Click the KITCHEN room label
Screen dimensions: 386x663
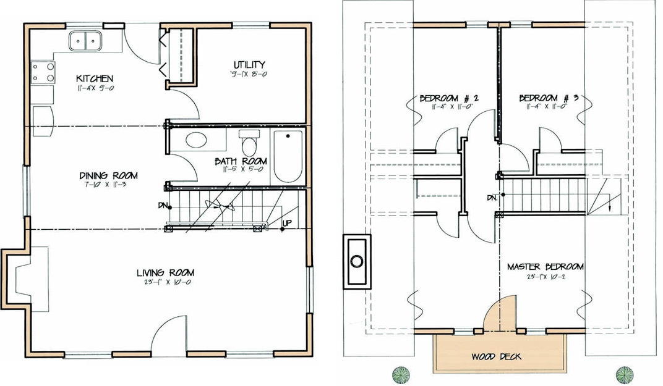click(x=94, y=78)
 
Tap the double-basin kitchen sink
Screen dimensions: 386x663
click(x=86, y=41)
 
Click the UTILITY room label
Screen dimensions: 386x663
click(x=249, y=64)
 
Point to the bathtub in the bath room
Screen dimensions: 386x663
click(x=288, y=156)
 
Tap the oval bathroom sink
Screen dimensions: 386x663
click(x=197, y=140)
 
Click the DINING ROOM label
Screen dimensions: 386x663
click(x=108, y=175)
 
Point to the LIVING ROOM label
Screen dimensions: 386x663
click(x=166, y=272)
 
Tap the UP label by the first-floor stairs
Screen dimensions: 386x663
click(x=288, y=223)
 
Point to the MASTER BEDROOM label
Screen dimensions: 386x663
click(x=545, y=267)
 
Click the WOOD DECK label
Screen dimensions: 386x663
click(x=496, y=356)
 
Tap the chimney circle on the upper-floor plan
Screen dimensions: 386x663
click(x=357, y=261)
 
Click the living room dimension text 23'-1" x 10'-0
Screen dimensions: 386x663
click(x=166, y=283)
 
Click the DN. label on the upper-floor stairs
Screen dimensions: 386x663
click(x=492, y=198)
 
